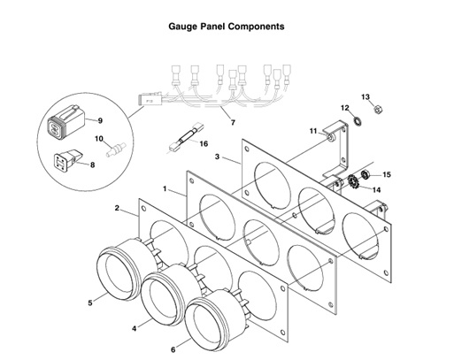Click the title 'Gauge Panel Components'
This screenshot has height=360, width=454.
click(x=226, y=27)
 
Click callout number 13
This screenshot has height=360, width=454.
click(x=366, y=96)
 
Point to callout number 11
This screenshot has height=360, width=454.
click(x=313, y=131)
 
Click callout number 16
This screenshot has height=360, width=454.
click(x=204, y=143)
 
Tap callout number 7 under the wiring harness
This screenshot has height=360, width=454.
click(x=233, y=121)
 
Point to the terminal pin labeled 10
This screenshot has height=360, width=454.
click(x=112, y=151)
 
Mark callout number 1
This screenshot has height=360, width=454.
click(x=165, y=188)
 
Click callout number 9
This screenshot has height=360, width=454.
click(x=100, y=120)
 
